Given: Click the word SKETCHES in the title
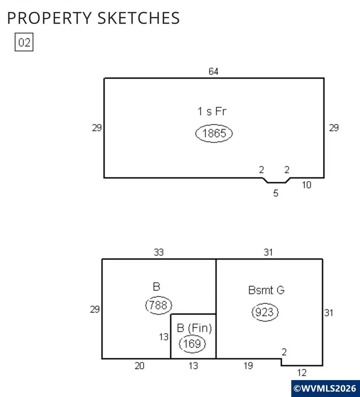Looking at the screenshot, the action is [x=138, y=18].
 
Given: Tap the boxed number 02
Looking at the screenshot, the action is [x=24, y=42].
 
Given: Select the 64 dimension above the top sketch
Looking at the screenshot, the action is [x=214, y=71].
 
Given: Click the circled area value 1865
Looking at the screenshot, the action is [x=214, y=133].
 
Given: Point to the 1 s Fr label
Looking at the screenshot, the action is [x=212, y=111].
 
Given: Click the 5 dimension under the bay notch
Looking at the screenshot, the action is [x=276, y=193].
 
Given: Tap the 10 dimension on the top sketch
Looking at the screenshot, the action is [x=306, y=185].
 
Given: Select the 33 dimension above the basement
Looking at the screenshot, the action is [x=159, y=252].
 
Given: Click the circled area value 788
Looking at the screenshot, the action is [x=158, y=305].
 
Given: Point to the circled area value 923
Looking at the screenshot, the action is [x=265, y=312].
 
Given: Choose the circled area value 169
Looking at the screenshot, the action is [x=192, y=344].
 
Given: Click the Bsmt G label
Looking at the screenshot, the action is [x=266, y=290].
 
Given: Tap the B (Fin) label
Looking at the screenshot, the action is [x=194, y=328].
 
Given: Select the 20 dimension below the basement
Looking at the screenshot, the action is [x=139, y=366].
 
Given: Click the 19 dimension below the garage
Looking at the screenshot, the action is [x=248, y=366].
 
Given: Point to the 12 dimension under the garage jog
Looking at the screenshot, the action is [x=302, y=373].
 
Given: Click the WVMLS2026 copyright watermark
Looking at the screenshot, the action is [x=325, y=389].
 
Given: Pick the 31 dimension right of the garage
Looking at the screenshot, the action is [x=329, y=313].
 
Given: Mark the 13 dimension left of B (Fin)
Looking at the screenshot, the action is [x=164, y=337].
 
